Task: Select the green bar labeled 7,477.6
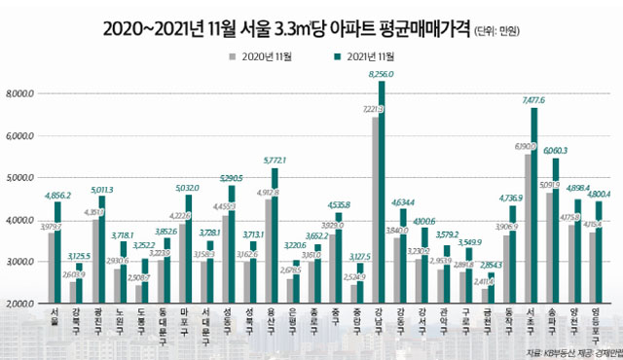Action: coord(534,209)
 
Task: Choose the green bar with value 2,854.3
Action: coord(490,290)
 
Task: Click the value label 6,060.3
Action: coord(555,151)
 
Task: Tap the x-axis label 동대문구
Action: coord(163,322)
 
